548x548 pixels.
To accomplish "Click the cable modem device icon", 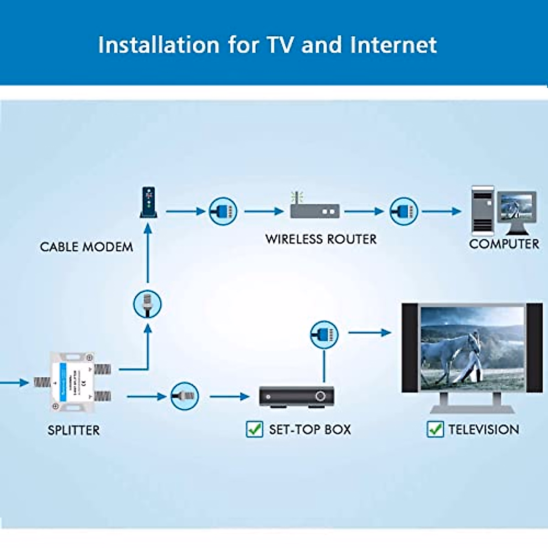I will (148, 202).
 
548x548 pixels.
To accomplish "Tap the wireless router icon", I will (315, 210).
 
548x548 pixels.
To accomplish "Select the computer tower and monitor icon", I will (503, 211).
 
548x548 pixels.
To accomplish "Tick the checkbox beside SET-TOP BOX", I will (254, 429).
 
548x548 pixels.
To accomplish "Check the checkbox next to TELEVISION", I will (435, 429).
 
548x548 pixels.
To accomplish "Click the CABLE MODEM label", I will (86, 247).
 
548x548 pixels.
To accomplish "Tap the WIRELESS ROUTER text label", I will (321, 239).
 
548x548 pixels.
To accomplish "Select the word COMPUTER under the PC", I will (504, 244).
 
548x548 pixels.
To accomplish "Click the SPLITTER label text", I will (74, 430).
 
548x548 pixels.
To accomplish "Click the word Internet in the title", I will (393, 45).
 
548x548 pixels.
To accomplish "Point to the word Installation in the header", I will (158, 45).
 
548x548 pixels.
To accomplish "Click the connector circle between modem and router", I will (223, 211).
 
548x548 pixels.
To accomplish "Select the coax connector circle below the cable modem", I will (148, 304).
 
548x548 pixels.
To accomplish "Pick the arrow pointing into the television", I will (369, 332).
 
